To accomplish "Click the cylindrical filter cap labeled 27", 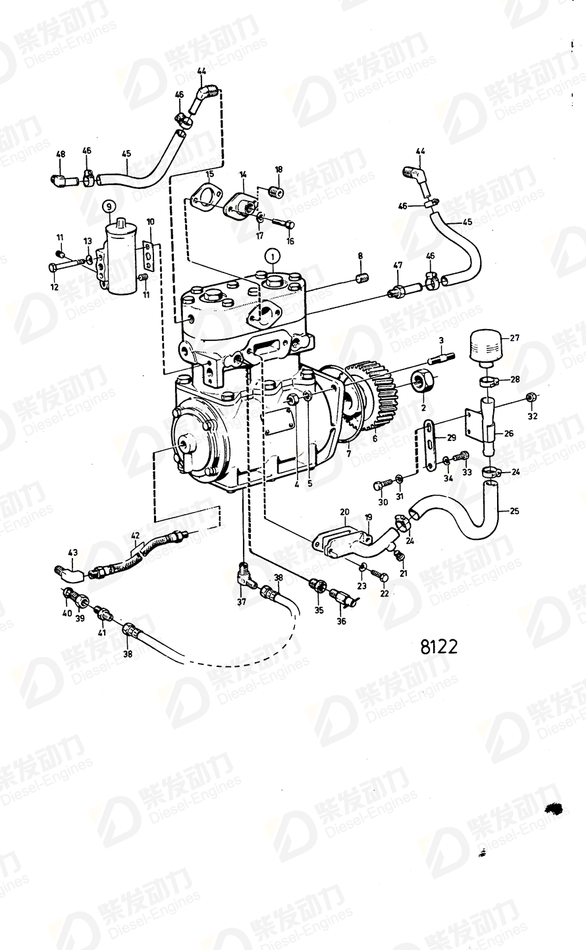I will pos(487,346).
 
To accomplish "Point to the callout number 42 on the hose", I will pos(135,536).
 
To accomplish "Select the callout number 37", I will pos(241,601).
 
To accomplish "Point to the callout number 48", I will pos(61,155).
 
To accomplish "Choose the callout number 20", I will pos(344,512).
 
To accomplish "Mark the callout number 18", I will pos(278,169).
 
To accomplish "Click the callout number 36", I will pos(340,621).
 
